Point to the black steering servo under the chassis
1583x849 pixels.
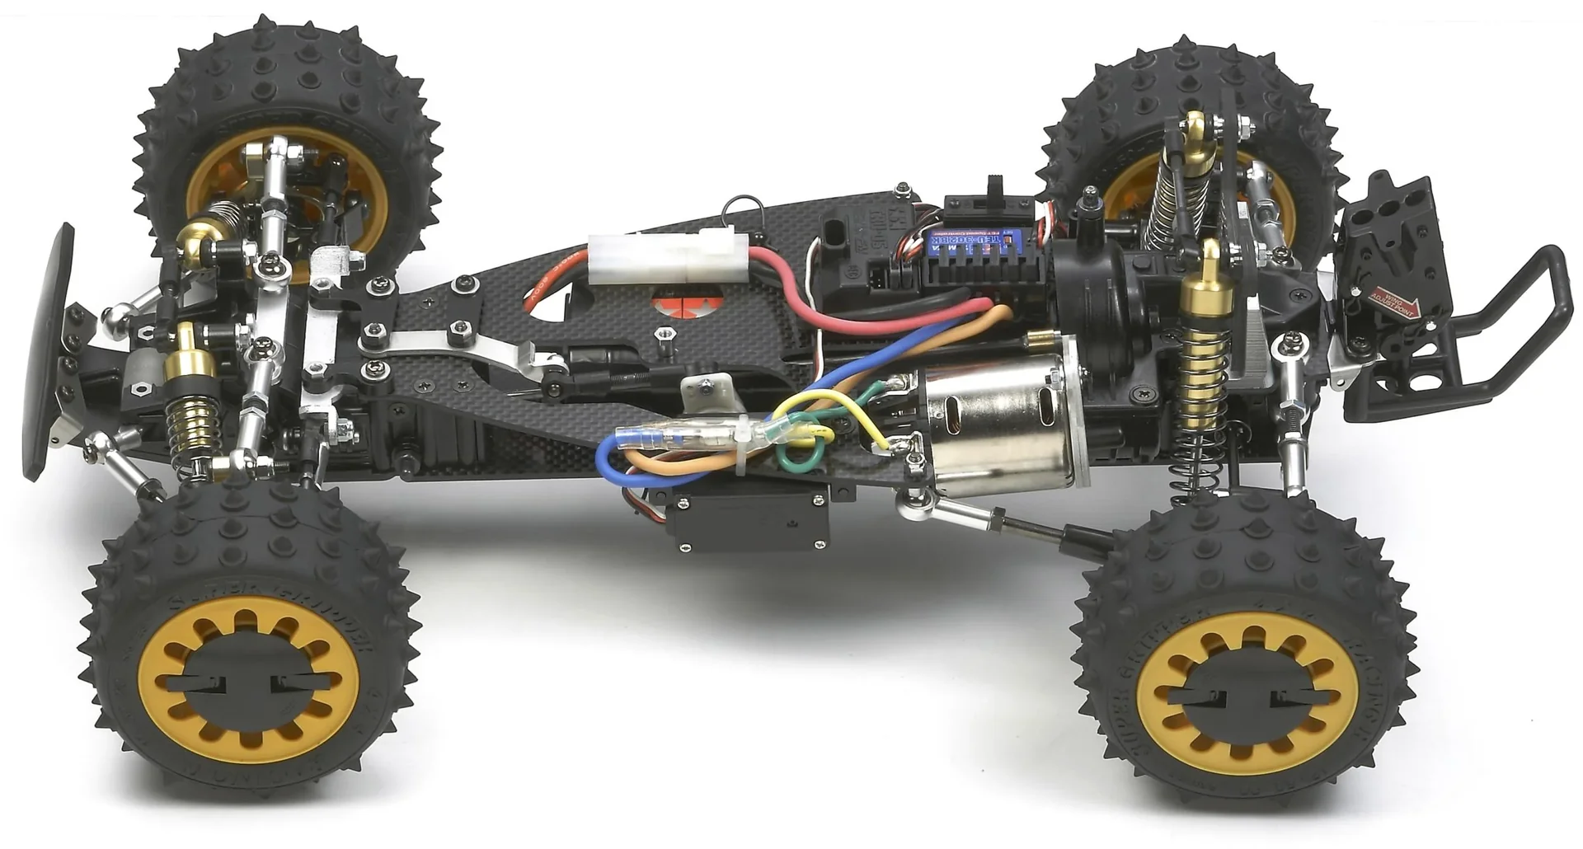750,520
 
